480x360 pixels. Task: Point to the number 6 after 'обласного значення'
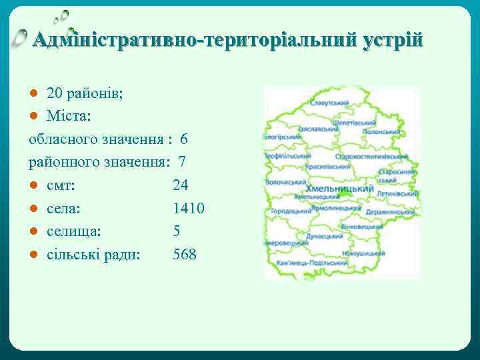pyautogui.click(x=184, y=139)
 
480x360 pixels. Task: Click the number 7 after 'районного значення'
pyautogui.click(x=182, y=162)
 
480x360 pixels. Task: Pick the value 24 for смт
pyautogui.click(x=181, y=185)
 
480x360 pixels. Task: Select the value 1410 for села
pyautogui.click(x=188, y=208)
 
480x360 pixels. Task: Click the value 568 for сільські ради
pyautogui.click(x=185, y=254)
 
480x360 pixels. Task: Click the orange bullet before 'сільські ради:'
pyautogui.click(x=33, y=254)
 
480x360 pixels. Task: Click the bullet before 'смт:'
pyautogui.click(x=33, y=185)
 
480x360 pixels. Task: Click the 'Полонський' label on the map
pyautogui.click(x=381, y=132)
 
